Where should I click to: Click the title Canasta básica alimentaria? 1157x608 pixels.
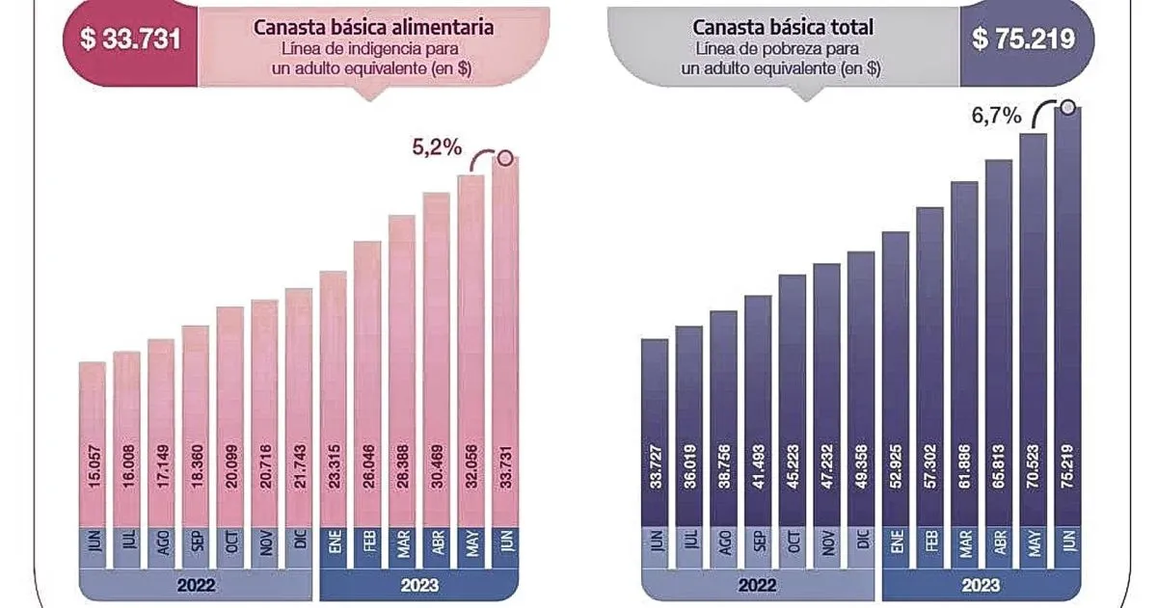click(374, 27)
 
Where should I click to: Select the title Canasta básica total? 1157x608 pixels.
click(783, 27)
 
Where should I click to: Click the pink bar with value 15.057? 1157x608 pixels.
click(93, 443)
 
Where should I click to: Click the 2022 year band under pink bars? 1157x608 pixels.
click(197, 584)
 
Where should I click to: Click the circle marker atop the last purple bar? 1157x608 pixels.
click(1068, 106)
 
